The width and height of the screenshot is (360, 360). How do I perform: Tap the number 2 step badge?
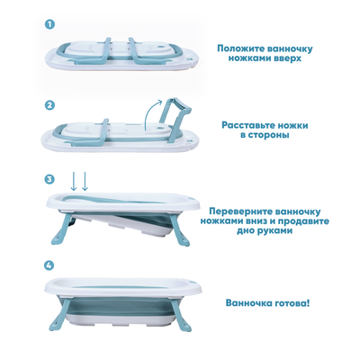click(x=49, y=104)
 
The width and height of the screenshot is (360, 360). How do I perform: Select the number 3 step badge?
click(x=49, y=179)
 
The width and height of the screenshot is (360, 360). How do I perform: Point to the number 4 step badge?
click(x=49, y=265)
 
